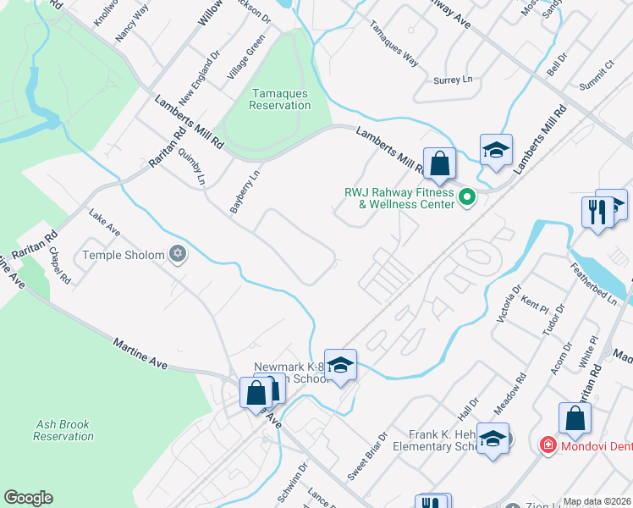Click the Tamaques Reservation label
coord(280,99)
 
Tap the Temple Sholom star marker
coord(177,254)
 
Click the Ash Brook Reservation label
coord(64,430)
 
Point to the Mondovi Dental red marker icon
coord(548,444)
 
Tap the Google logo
coord(28,498)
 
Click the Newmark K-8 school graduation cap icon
coord(340,365)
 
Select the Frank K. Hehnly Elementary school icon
coord(493,439)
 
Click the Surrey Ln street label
coord(453,80)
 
